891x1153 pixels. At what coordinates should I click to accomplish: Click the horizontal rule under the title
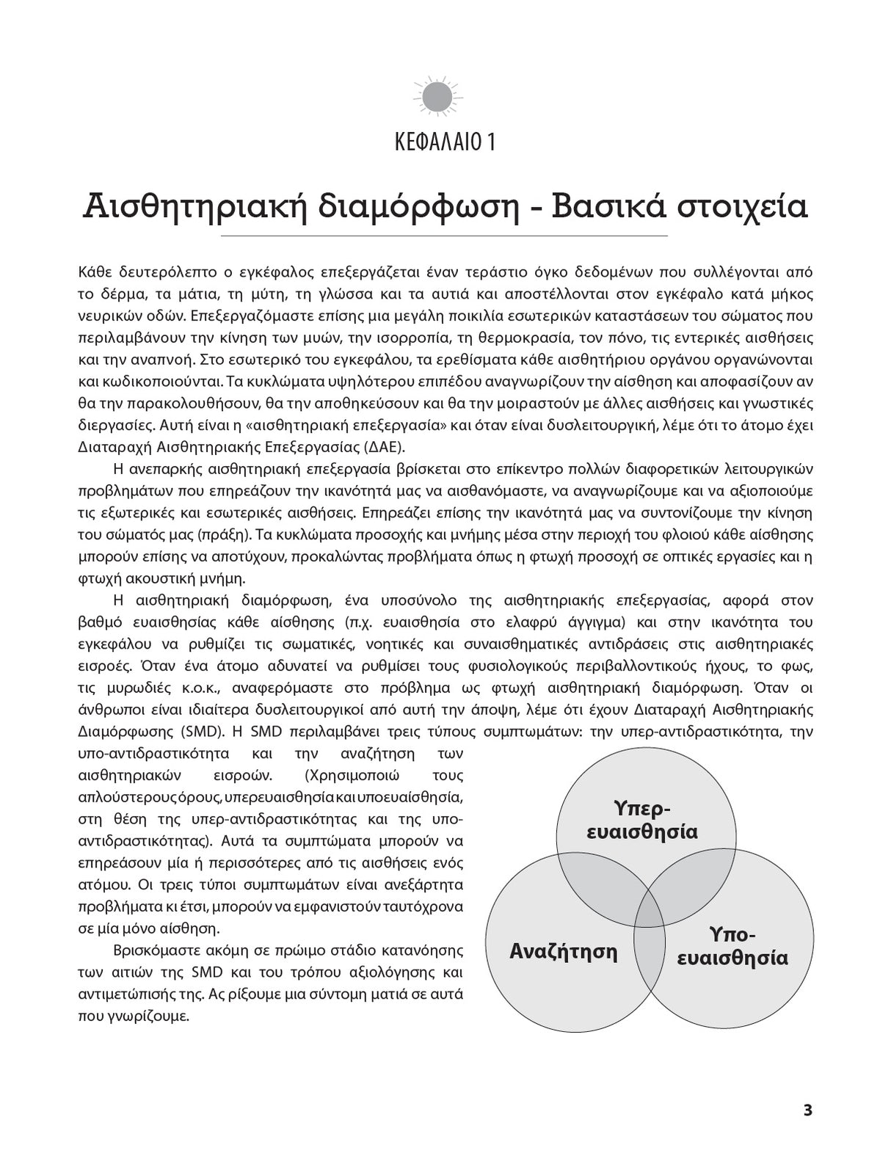[x=445, y=236]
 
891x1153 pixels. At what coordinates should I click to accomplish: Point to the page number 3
[x=807, y=1110]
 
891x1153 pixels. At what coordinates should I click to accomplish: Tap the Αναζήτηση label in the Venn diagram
[x=563, y=952]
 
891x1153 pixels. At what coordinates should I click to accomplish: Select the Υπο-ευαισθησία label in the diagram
[x=732, y=947]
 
